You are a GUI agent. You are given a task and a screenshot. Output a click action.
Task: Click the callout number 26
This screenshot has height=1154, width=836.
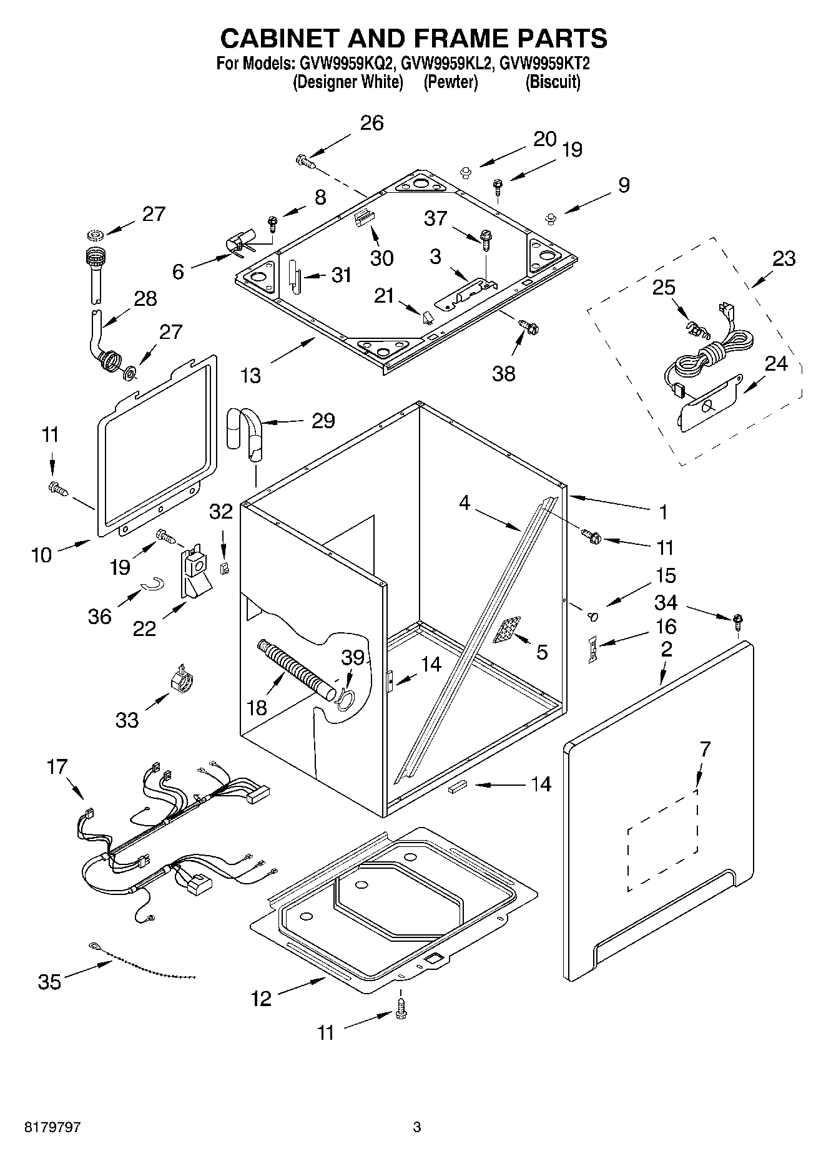point(372,123)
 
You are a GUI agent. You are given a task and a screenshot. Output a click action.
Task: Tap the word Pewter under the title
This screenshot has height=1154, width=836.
point(451,82)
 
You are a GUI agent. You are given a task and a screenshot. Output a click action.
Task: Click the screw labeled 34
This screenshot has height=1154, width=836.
point(739,621)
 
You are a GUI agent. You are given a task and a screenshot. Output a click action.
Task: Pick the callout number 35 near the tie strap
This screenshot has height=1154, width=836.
point(50,982)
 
